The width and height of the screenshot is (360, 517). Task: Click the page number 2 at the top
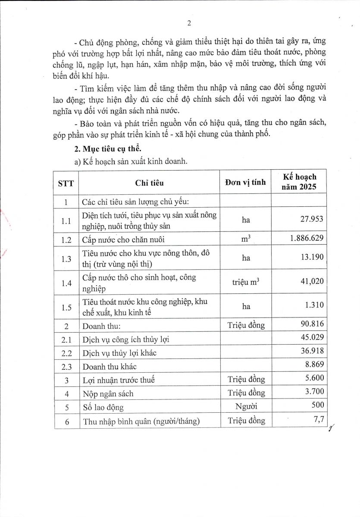pyautogui.click(x=189, y=23)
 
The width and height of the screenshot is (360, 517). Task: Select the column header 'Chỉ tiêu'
pyautogui.click(x=149, y=183)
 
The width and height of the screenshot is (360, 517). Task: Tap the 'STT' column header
pyautogui.click(x=66, y=183)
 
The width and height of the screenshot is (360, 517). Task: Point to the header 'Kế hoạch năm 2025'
pyautogui.click(x=299, y=182)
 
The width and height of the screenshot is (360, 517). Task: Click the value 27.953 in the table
pyautogui.click(x=311, y=219)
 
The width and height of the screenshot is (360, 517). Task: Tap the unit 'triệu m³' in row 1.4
pyautogui.click(x=246, y=282)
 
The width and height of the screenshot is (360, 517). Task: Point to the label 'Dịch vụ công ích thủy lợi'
pyautogui.click(x=126, y=339)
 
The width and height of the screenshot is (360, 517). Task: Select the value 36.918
pyautogui.click(x=311, y=352)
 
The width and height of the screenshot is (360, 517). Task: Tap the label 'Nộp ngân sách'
pyautogui.click(x=108, y=393)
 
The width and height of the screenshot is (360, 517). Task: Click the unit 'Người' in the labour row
pyautogui.click(x=246, y=406)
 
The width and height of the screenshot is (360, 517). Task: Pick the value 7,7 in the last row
pyautogui.click(x=319, y=420)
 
